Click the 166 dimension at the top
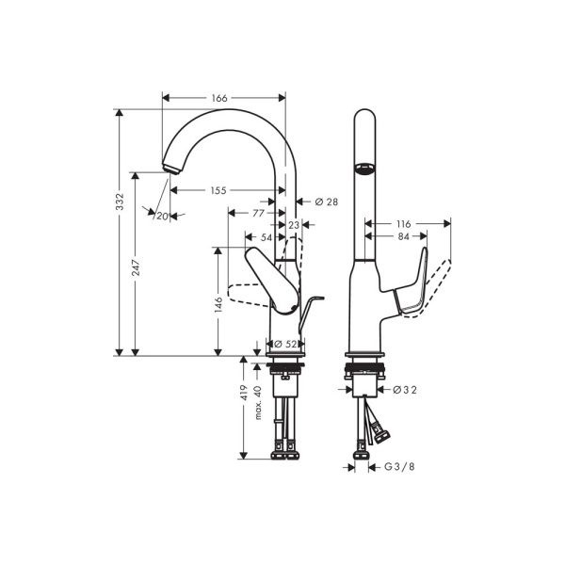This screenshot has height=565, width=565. [x=218, y=97]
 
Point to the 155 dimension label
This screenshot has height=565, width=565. [x=218, y=190]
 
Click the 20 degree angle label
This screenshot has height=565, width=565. [x=162, y=217]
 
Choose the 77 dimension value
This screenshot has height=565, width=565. [x=258, y=214]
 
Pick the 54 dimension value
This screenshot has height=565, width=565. [x=266, y=238]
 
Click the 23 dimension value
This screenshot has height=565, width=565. [x=294, y=226]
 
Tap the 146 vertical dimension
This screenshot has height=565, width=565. [x=218, y=304]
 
